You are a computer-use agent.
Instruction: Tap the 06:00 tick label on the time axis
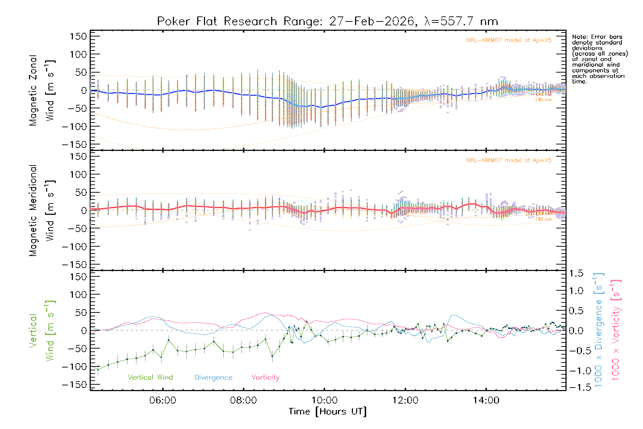pos(163,400)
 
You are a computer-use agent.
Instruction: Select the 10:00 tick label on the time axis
pos(324,400)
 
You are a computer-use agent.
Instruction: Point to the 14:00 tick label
pos(486,400)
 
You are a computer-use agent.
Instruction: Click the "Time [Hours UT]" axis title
pos(328,412)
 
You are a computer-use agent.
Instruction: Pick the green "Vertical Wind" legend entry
pos(150,378)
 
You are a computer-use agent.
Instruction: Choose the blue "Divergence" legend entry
pos(213,378)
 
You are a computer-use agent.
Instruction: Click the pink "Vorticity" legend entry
pos(265,378)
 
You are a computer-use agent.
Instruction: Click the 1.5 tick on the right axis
pos(576,273)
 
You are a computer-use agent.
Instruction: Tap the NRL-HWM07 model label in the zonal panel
pos(509,40)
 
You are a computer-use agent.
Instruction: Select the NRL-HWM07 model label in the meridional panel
pos(509,161)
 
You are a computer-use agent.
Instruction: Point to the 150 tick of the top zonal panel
pos(78,36)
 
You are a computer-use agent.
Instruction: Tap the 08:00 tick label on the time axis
pos(243,400)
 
